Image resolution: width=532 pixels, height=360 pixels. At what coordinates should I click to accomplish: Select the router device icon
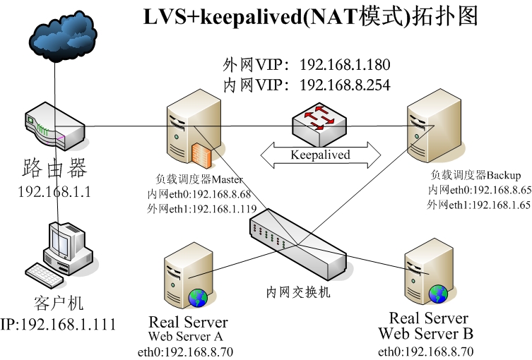point(55,126)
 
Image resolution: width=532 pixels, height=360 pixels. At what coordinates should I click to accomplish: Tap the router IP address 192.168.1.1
point(54,192)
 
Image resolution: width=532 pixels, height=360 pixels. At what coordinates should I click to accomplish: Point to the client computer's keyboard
point(44,275)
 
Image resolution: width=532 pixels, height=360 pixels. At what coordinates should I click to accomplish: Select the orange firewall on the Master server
point(201,155)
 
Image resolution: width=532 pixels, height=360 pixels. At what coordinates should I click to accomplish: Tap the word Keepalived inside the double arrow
point(320,155)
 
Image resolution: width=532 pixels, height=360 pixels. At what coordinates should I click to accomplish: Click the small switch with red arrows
point(319,124)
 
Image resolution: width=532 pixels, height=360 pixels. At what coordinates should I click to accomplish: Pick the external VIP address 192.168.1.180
point(345,64)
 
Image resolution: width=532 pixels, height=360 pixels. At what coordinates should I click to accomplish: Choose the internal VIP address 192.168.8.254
point(345,85)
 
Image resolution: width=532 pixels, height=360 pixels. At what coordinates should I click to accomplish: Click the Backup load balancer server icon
point(434,126)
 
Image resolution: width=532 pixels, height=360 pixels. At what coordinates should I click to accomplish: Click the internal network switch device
point(298,244)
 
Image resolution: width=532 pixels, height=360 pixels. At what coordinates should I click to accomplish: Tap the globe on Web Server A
point(198,298)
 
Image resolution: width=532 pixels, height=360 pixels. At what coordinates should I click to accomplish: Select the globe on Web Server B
point(438,294)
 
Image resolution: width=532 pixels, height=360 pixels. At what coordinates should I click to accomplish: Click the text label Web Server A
point(186,336)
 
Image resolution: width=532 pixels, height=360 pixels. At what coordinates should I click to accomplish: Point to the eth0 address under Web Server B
point(425,352)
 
